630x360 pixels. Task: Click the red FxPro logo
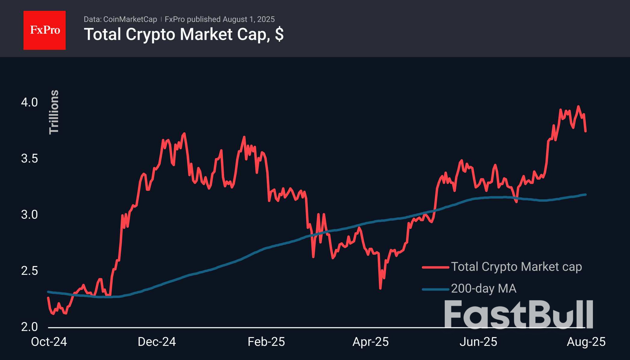tap(45, 30)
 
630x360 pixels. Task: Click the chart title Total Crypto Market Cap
tap(184, 34)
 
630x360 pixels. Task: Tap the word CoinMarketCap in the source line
tap(130, 19)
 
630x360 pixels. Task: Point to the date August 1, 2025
tap(248, 19)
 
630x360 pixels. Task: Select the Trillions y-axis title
tap(54, 112)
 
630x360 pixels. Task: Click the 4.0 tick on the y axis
tap(29, 102)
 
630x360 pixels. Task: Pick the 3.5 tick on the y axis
tap(29, 158)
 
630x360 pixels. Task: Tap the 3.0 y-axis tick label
tap(29, 215)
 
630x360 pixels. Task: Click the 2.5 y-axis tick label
tap(29, 271)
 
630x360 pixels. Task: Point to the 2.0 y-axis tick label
tap(29, 327)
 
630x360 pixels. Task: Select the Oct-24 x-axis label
tap(49, 342)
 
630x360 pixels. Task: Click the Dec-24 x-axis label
tap(157, 342)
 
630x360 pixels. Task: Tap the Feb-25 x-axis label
tap(266, 342)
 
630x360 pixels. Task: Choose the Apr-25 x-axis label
tap(370, 342)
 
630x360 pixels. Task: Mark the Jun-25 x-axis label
tap(478, 342)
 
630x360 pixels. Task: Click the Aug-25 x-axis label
tap(586, 342)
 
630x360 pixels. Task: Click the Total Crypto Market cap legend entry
tap(516, 267)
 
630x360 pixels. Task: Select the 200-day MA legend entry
tap(484, 288)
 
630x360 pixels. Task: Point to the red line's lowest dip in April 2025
tap(380, 288)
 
